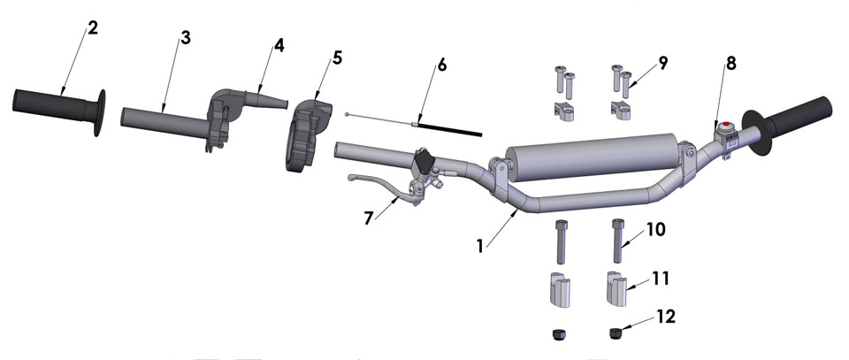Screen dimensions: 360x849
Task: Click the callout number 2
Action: click(93, 27)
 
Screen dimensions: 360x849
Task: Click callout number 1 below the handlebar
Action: click(480, 245)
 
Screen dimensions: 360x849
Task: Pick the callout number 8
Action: click(730, 64)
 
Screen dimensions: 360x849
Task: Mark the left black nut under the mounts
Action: click(559, 334)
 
